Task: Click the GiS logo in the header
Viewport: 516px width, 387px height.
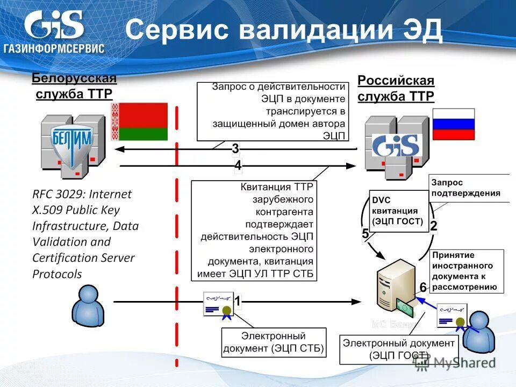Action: click(x=54, y=32)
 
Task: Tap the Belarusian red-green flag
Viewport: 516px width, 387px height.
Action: click(x=140, y=122)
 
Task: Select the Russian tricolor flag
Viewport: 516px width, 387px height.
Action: click(x=454, y=124)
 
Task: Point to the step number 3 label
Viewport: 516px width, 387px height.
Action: click(x=235, y=148)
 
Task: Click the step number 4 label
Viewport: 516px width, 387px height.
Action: click(x=238, y=166)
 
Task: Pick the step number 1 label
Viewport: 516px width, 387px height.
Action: click(x=237, y=303)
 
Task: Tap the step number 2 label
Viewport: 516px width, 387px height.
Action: click(x=433, y=227)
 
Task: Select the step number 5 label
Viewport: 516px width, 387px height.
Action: click(x=365, y=234)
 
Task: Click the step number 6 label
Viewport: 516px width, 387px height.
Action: click(x=423, y=288)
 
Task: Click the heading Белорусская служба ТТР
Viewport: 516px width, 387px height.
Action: click(x=74, y=86)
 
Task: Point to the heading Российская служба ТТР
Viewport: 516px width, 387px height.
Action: click(x=396, y=88)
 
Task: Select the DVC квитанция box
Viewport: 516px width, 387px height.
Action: click(x=398, y=211)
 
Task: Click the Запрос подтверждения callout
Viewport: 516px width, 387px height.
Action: click(x=469, y=188)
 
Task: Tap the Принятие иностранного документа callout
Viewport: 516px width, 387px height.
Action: click(x=466, y=271)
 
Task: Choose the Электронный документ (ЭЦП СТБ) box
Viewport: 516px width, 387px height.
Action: click(x=274, y=342)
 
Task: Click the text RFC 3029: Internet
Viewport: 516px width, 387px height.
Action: click(x=82, y=193)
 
